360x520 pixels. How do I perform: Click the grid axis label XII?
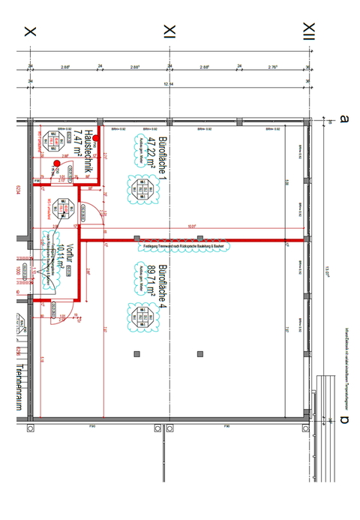pyautogui.click(x=308, y=31)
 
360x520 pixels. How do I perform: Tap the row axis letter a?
pyautogui.click(x=344, y=118)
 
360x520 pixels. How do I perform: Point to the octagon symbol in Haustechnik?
pyautogui.click(x=53, y=140)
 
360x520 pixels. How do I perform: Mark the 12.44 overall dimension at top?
pyautogui.click(x=170, y=84)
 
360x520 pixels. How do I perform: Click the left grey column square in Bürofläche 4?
pyautogui.click(x=136, y=353)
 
